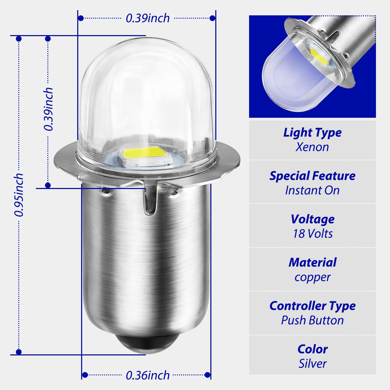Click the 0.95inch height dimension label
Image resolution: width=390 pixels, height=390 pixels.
click(19, 195)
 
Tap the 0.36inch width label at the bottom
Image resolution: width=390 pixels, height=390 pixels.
click(147, 375)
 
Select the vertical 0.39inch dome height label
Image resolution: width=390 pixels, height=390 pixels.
click(48, 109)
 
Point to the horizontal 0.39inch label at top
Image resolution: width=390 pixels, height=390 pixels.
click(148, 18)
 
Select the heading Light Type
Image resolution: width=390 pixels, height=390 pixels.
click(312, 133)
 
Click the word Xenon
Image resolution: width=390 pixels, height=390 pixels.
click(312, 147)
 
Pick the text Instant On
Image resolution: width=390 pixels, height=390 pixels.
click(312, 190)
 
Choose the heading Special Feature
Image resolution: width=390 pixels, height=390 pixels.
click(312, 176)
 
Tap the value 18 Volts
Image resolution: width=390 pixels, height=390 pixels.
click(313, 234)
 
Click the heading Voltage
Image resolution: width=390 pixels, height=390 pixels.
click(313, 219)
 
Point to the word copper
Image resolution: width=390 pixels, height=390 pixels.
click(313, 277)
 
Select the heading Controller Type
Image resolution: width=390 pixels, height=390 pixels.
click(313, 306)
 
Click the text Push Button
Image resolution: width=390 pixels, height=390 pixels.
click(313, 320)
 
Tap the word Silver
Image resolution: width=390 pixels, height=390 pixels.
click(313, 363)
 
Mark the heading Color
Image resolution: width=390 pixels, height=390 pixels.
click(313, 349)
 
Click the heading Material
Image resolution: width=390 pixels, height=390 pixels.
click(313, 263)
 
